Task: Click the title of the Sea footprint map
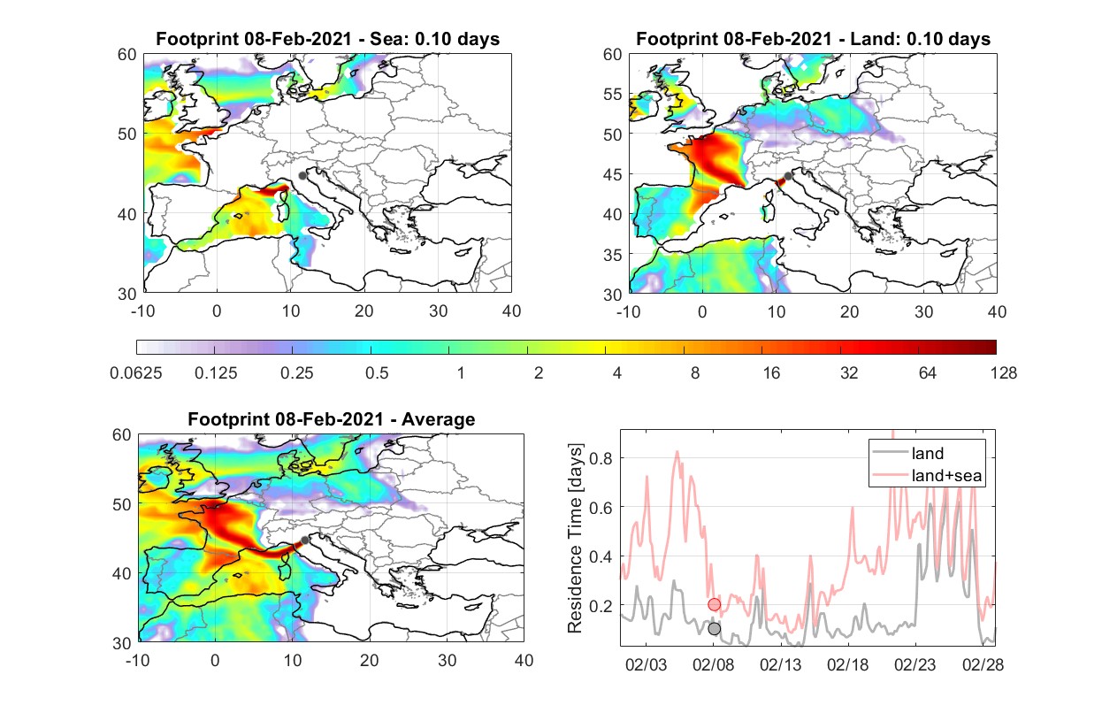(x=327, y=39)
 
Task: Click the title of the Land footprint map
(x=813, y=39)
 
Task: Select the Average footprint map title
(x=332, y=419)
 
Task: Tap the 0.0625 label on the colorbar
(x=136, y=373)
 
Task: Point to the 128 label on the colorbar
(x=1003, y=373)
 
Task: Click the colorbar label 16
(x=771, y=373)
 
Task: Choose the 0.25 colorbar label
(x=296, y=373)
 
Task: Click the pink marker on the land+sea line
(x=715, y=604)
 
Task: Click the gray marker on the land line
(x=715, y=628)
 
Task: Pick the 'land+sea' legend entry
(x=927, y=475)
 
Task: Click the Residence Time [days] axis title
(x=575, y=539)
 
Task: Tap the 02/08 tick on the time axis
(x=714, y=664)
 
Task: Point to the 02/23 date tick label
(x=915, y=664)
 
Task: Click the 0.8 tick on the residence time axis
(x=601, y=458)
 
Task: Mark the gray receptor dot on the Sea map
(x=302, y=176)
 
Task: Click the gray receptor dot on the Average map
(x=305, y=540)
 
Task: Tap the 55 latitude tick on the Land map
(x=613, y=95)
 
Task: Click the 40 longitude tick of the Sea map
(x=511, y=311)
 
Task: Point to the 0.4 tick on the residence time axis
(x=601, y=557)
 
